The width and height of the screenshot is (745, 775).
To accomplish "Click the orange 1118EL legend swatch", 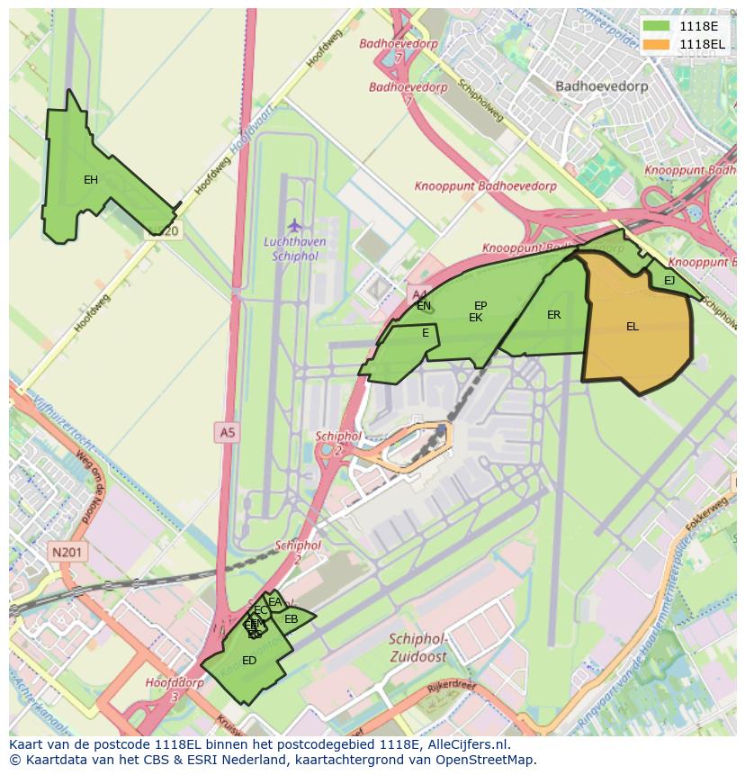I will coord(657,44).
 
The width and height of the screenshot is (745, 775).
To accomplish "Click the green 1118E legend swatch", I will coord(657,26).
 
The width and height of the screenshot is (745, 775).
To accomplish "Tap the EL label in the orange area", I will coord(633,327).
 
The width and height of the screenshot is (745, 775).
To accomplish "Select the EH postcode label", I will coord(91,180).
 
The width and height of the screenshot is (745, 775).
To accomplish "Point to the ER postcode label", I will coord(553,315).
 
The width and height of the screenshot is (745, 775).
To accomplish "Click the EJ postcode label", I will coord(669,281).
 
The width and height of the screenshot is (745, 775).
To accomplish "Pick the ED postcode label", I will coord(249,661).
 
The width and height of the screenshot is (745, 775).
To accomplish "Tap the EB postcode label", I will coord(291,619).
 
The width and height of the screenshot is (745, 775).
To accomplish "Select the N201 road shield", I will coord(67,553).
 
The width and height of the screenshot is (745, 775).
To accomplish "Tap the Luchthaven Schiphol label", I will coord(293,248).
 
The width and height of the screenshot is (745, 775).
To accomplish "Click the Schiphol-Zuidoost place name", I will coord(418,647).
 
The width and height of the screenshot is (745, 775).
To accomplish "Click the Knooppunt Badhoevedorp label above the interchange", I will coord(485,186).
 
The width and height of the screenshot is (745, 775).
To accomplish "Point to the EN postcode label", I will coord(424,306).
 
